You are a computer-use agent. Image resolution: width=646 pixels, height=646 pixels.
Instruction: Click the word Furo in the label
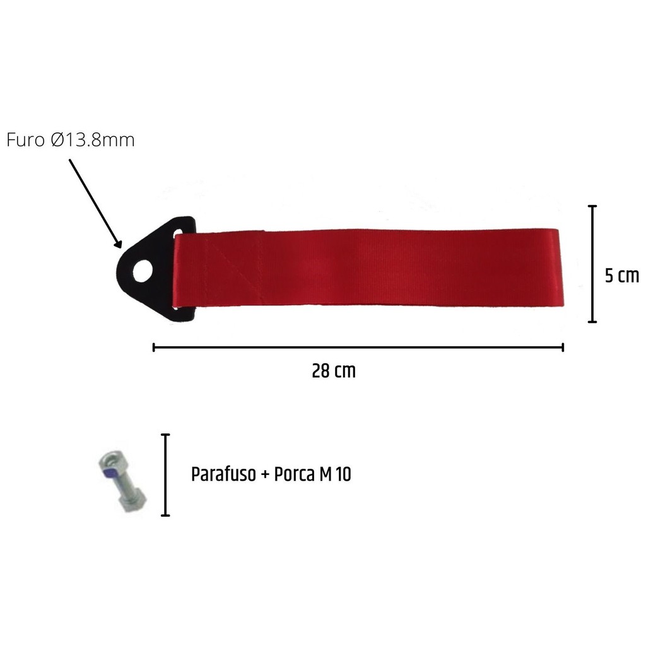25,140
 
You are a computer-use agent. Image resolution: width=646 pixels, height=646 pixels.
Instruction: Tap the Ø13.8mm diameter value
93,140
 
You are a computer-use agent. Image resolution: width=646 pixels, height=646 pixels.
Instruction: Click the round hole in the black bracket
143,271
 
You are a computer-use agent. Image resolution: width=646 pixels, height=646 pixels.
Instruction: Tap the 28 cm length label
334,371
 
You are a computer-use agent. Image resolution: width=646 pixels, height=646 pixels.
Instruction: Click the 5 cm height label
621,276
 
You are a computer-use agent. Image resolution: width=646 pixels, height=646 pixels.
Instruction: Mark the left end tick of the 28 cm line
154,348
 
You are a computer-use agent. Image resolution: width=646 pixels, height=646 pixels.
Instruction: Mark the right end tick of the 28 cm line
563,348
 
